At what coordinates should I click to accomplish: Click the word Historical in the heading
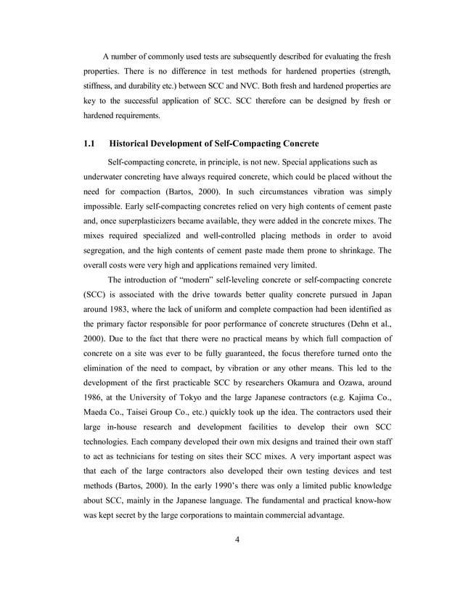(142, 142)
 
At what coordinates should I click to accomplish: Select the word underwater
(107, 176)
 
